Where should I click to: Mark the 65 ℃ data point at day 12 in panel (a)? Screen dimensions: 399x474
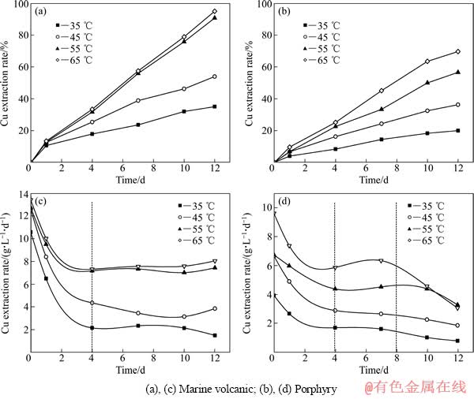point(214,12)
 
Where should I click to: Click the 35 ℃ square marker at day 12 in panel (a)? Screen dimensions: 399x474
point(214,106)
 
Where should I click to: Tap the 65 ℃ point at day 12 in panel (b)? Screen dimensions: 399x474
point(457,52)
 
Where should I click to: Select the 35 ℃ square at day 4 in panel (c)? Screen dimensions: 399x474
point(92,327)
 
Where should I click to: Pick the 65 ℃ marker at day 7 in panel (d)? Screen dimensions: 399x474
point(381,260)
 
